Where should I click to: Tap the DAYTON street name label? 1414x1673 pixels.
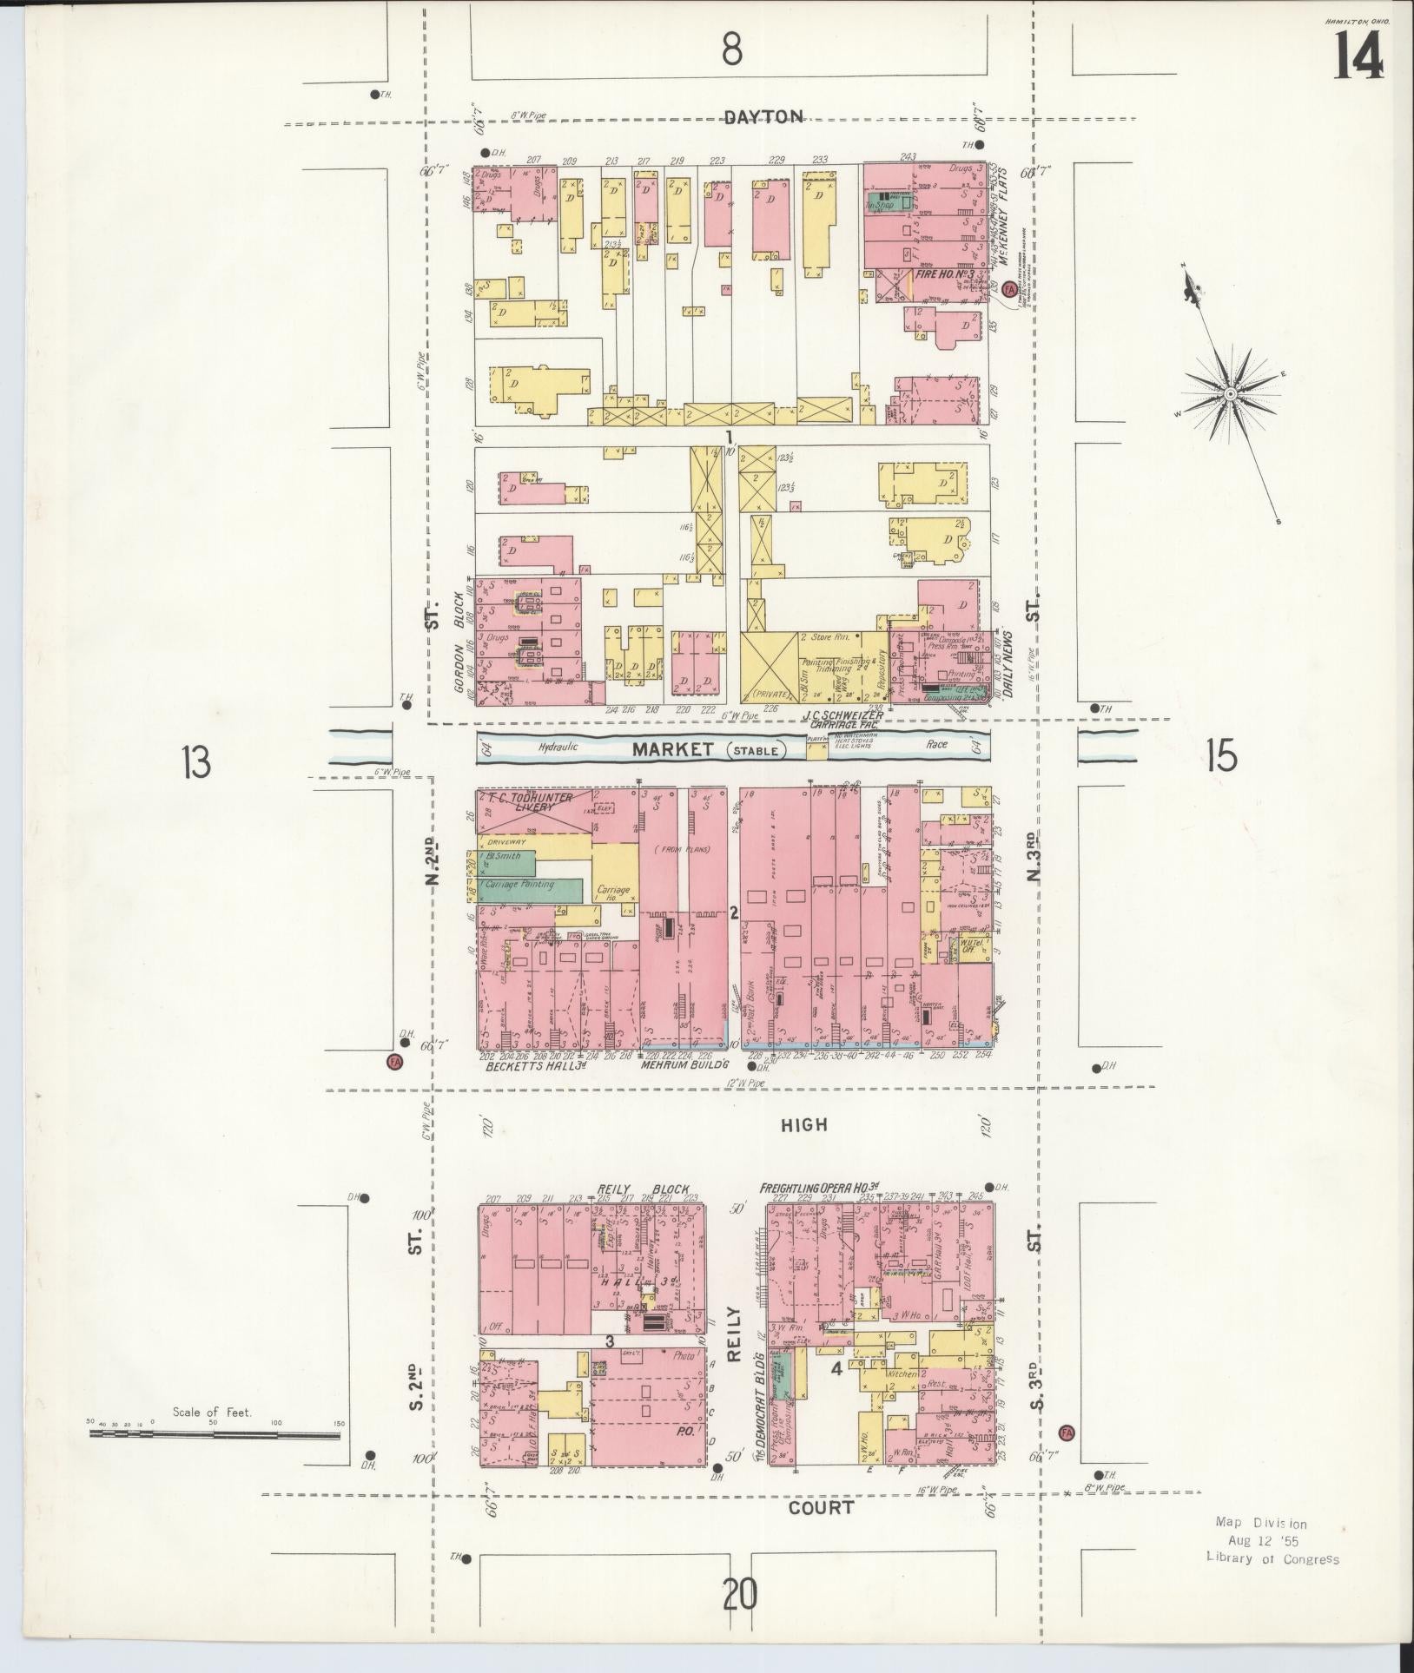coord(763,116)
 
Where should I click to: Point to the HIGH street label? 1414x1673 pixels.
coord(803,1124)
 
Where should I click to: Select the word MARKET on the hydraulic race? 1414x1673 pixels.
coord(673,748)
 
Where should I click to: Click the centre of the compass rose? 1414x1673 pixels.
coord(1229,394)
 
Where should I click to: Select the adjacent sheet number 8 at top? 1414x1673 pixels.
coord(732,50)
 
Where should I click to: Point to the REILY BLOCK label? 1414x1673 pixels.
coord(643,1189)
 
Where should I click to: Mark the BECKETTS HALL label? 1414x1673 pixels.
coord(532,1066)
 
